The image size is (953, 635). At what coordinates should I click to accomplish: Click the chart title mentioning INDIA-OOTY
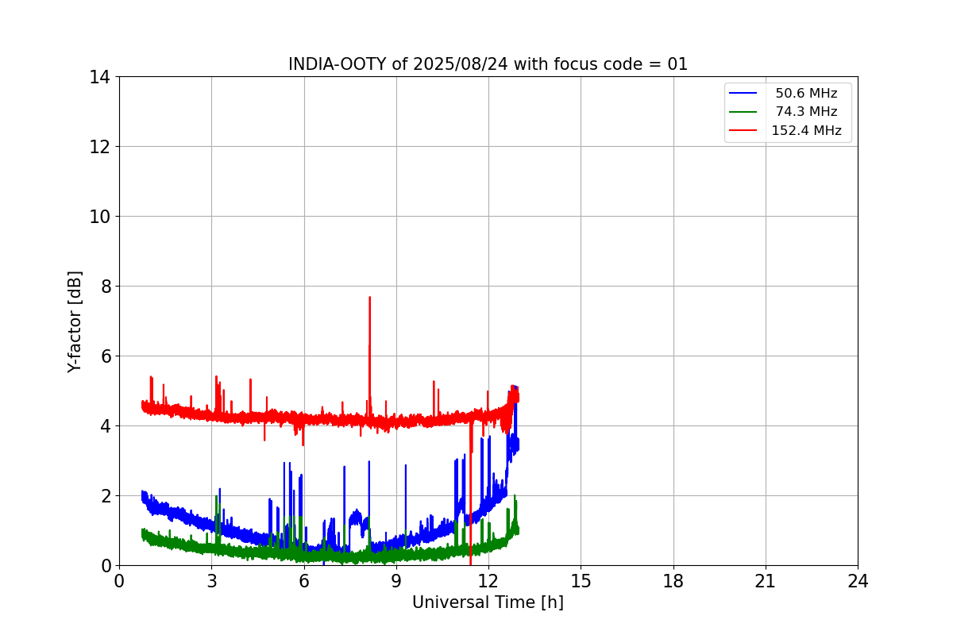pos(488,64)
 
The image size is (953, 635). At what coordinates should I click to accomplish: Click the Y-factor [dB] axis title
pos(75,321)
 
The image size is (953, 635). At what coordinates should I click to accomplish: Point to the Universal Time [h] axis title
pos(488,602)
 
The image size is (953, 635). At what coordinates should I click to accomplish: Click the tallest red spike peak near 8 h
pos(369,298)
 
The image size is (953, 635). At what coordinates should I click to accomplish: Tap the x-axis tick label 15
pos(581,581)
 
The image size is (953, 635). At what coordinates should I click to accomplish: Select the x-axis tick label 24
pos(858,581)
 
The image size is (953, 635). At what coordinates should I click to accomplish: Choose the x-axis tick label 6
pos(304,581)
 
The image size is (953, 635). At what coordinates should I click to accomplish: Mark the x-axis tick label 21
pos(766,581)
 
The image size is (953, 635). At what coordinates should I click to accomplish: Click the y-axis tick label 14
pos(100,77)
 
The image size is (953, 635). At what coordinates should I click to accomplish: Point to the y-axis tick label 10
pos(100,217)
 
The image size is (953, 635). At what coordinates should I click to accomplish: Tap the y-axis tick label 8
pos(105,287)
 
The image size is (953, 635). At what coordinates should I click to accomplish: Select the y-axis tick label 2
pos(105,496)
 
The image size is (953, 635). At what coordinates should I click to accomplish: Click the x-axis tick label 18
pos(673,581)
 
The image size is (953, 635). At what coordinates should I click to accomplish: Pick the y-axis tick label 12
pos(100,147)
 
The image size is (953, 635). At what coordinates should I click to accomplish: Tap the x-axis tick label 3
pos(211,581)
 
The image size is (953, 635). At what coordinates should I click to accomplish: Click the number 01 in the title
pos(677,64)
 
